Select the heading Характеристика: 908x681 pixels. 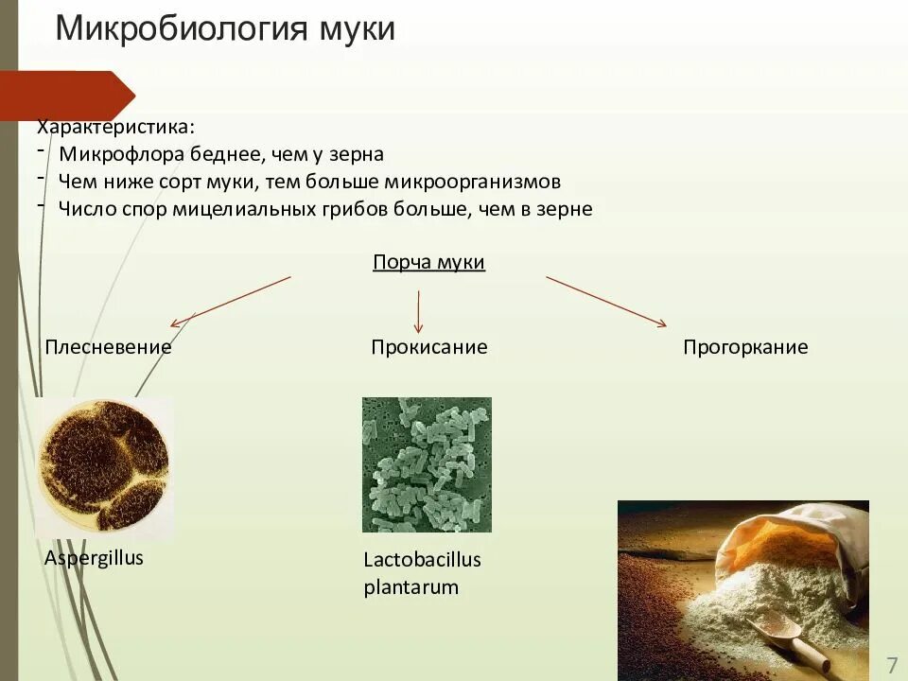pos(117,127)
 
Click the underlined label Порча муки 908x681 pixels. pos(428,262)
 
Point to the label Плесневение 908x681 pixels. pos(108,346)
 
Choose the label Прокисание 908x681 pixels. pos(428,346)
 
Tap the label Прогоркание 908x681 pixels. pos(745,346)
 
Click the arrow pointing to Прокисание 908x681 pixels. pos(419,310)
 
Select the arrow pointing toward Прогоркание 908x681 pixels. pos(605,301)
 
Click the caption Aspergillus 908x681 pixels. pos(94,557)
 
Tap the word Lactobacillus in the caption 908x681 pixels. pos(422,559)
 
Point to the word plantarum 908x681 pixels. pos(410,587)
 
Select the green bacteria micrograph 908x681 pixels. pos(427,464)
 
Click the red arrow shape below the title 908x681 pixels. pos(66,96)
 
